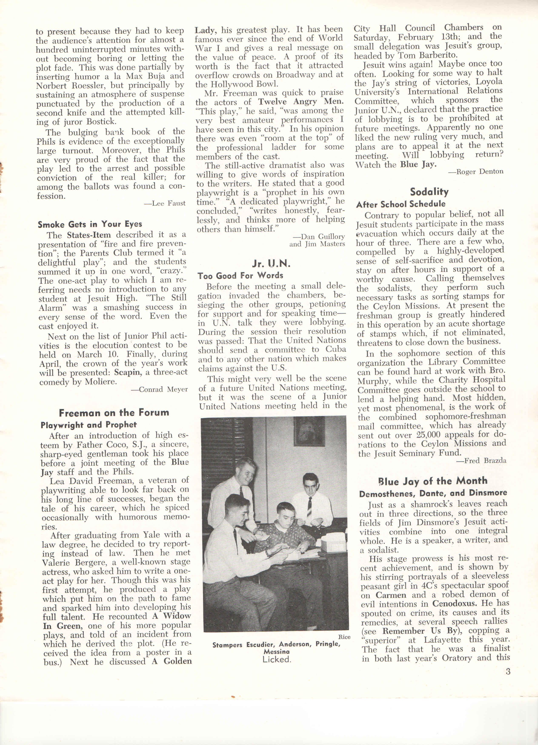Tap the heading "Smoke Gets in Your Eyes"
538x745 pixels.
90,224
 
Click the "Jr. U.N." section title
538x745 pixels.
271,263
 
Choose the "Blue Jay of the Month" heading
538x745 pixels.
432,482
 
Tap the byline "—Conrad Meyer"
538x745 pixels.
159,390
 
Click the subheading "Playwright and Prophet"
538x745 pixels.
89,425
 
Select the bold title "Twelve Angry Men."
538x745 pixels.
300,102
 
